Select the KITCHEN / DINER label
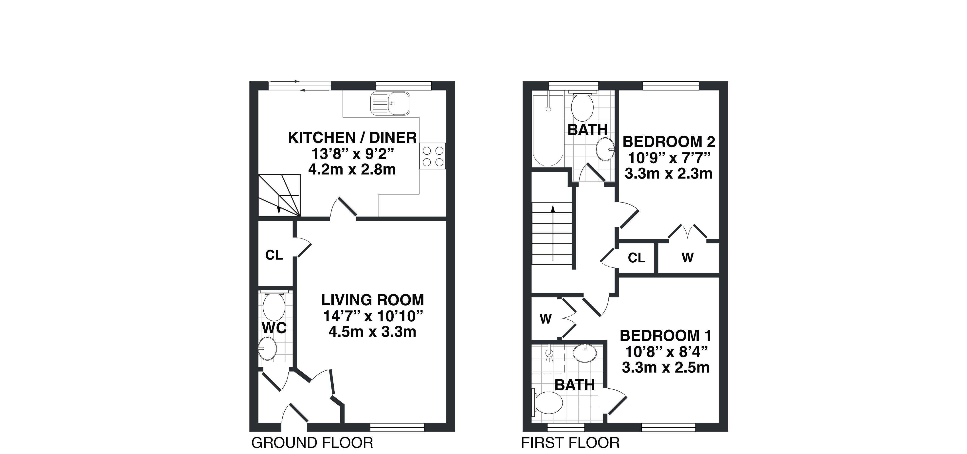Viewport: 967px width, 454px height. [352, 138]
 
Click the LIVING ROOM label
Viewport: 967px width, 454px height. [372, 300]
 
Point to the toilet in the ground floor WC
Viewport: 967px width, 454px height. [274, 305]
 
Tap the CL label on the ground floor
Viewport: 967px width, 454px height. [274, 255]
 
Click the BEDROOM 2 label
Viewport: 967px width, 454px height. [669, 142]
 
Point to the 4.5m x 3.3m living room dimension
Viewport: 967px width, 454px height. [372, 332]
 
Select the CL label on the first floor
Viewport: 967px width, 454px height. [637, 258]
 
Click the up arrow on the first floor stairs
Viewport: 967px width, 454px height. [553, 233]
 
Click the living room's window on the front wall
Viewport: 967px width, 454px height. [397, 427]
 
